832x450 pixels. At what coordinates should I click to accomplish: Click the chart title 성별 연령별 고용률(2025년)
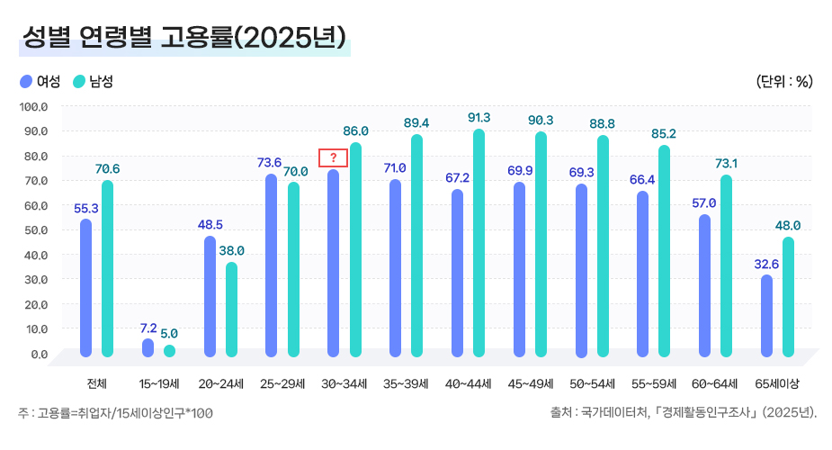(183, 37)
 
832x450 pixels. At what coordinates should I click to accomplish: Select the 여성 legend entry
(40, 82)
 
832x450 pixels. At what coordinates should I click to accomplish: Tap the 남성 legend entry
(94, 82)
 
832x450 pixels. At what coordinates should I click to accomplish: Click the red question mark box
(333, 157)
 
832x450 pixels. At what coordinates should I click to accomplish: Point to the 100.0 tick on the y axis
(33, 106)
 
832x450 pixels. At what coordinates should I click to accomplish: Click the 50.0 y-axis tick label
(33, 229)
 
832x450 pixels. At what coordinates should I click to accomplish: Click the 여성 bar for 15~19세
(148, 347)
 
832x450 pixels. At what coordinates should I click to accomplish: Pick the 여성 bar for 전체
(86, 286)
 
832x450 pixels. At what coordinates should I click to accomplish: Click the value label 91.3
(479, 118)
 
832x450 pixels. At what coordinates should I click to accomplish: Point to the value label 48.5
(210, 224)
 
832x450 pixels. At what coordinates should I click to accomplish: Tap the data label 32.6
(765, 264)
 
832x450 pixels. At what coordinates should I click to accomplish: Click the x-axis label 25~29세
(282, 383)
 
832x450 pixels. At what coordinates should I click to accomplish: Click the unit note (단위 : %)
(784, 82)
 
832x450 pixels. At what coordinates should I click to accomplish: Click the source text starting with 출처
(683, 413)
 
